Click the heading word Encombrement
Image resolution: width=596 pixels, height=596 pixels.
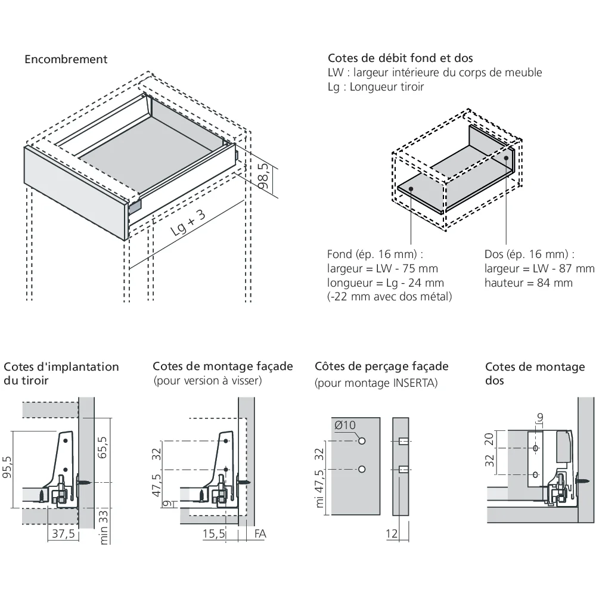[x=66, y=60]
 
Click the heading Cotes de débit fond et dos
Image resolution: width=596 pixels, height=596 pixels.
[x=401, y=58]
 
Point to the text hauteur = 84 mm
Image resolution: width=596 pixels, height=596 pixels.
[x=529, y=283]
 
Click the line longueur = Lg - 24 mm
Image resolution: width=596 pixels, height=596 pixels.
[x=386, y=283]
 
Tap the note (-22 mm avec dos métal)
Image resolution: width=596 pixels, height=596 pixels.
[x=389, y=296]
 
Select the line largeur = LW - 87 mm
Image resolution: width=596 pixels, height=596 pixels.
[x=539, y=269]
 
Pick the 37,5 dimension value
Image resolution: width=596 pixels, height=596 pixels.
[x=63, y=533]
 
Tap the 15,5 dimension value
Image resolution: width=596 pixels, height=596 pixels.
[x=214, y=533]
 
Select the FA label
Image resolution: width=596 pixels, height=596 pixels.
[x=260, y=533]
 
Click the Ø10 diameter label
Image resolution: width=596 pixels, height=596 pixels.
[x=346, y=425]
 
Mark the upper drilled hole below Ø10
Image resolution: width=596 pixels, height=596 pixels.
[x=362, y=442]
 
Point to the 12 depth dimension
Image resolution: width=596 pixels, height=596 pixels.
[x=392, y=534]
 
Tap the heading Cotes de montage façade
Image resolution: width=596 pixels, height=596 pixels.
[x=223, y=366]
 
